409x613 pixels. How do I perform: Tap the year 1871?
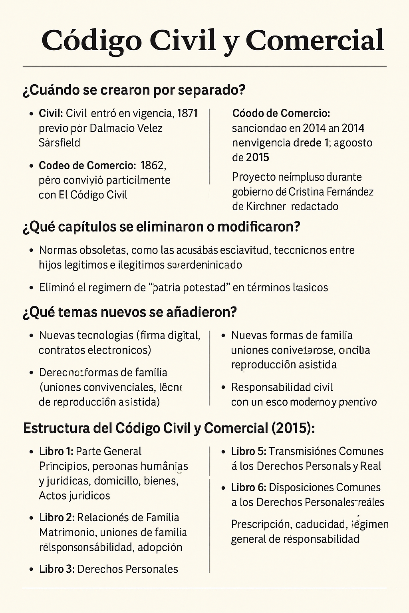tap(187, 113)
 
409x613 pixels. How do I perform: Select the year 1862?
tap(153, 165)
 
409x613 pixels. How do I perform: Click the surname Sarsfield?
tap(60, 142)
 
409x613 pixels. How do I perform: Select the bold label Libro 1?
tap(56, 451)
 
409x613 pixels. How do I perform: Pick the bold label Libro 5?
tap(248, 451)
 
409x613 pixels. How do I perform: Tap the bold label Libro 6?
tap(248, 487)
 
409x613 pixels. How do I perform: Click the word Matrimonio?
tap(66, 532)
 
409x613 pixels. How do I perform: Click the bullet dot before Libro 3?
tap(32, 569)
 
